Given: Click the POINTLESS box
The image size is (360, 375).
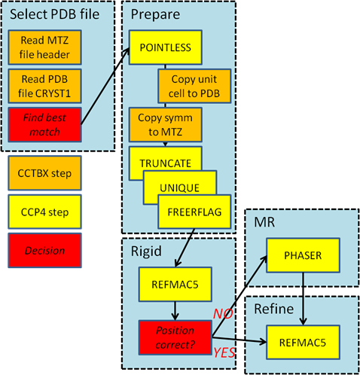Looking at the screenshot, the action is tap(166, 47).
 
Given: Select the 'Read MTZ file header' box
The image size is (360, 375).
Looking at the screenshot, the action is tap(44, 47).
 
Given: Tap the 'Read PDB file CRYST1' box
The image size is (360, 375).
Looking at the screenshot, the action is tap(44, 86).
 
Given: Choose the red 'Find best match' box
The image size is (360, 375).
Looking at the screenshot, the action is tap(44, 125).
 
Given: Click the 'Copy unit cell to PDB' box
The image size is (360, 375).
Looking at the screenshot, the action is tap(194, 86).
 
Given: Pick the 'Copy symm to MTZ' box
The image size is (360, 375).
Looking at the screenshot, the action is tap(166, 125).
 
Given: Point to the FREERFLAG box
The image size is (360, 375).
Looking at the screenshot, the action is tap(194, 212).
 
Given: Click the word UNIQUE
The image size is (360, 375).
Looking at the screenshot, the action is tap(180, 188).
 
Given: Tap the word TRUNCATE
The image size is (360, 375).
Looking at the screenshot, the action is tap(166, 163).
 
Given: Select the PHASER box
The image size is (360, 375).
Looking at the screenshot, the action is tap(303, 255).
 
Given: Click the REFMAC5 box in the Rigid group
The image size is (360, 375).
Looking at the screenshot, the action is tap(175, 285).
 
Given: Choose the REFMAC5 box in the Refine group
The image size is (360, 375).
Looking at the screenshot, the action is tap(303, 343).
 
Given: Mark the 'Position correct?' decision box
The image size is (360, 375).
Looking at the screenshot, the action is tap(175, 337).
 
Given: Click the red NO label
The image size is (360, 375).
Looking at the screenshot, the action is tap(223, 314).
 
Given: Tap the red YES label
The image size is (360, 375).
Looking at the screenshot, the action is tap(224, 352).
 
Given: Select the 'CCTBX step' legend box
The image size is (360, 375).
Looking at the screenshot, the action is tap(44, 173).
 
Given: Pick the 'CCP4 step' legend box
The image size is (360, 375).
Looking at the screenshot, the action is tap(44, 212).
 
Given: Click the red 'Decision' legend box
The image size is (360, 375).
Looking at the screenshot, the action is tap(44, 251).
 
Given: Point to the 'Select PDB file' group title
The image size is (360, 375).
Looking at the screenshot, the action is tap(54, 14).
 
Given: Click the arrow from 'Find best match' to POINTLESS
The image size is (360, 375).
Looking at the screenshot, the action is tap(105, 86).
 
